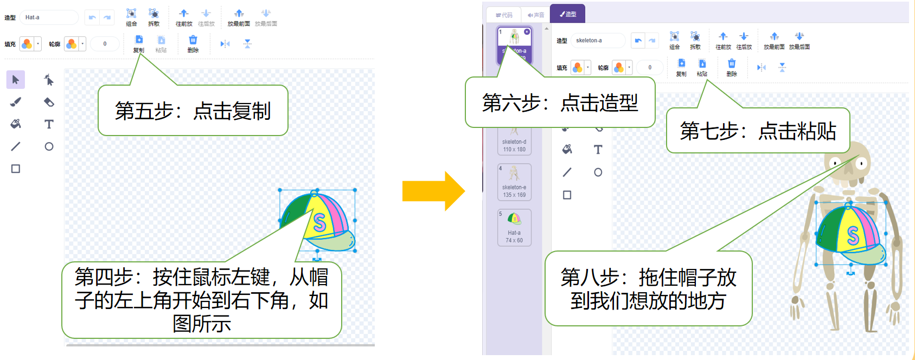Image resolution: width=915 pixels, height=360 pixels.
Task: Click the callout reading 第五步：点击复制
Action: click(193, 111)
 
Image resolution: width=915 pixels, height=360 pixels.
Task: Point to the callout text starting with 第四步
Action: click(201, 300)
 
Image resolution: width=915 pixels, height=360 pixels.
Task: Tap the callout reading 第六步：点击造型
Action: click(560, 102)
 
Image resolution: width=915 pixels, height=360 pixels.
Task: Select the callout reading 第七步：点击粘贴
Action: click(757, 131)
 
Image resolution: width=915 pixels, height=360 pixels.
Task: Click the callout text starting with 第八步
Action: click(648, 288)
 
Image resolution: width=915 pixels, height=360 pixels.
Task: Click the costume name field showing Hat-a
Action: click(49, 17)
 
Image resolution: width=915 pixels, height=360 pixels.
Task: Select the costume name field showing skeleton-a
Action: click(597, 41)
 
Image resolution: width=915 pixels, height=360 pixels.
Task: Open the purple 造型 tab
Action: click(567, 14)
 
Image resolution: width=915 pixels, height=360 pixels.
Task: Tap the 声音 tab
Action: click(535, 15)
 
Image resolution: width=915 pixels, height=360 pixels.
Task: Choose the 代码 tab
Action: click(504, 15)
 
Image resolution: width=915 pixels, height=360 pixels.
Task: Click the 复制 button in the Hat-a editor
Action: click(139, 43)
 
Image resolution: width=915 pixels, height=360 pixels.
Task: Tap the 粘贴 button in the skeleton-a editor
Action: click(702, 67)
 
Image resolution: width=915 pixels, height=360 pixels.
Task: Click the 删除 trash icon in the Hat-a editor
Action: click(193, 43)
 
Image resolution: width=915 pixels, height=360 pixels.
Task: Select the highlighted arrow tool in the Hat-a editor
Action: click(16, 80)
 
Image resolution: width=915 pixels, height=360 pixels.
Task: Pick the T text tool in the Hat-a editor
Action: click(49, 124)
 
